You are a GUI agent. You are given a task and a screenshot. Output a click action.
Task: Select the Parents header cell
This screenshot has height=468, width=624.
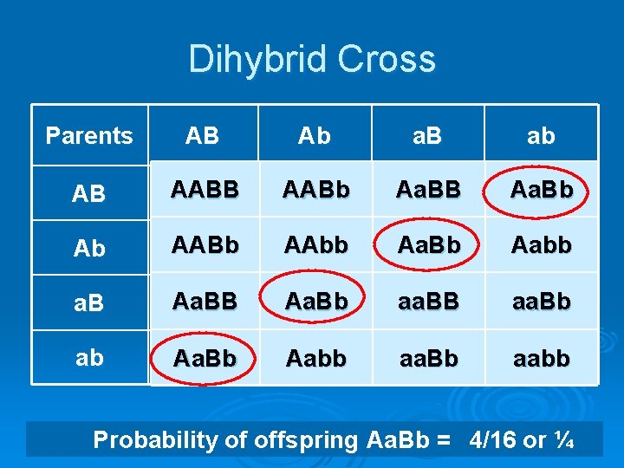(x=89, y=136)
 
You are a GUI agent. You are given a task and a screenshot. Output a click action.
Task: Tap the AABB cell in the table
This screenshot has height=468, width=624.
(x=205, y=190)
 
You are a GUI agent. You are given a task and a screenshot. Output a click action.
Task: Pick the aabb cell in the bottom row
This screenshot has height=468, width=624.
(x=541, y=358)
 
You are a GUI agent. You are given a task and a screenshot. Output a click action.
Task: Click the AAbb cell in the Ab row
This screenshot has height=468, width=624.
(x=316, y=246)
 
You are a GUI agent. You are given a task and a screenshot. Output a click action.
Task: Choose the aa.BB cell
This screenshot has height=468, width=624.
(x=428, y=302)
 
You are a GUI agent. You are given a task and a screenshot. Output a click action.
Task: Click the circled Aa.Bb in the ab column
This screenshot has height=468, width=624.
(x=542, y=190)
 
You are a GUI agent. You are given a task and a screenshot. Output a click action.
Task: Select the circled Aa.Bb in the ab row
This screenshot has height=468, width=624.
(x=205, y=358)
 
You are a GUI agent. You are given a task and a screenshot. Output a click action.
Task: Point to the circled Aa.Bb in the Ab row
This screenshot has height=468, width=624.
(x=428, y=246)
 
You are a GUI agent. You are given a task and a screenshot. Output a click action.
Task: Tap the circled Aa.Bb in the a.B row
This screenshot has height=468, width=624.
(x=316, y=302)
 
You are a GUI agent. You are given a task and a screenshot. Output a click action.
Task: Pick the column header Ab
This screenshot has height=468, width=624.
(x=315, y=136)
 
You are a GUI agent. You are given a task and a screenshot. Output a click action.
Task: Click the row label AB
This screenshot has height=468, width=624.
(x=89, y=193)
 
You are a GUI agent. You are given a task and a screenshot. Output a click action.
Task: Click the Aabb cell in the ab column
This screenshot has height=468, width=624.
(x=541, y=246)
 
